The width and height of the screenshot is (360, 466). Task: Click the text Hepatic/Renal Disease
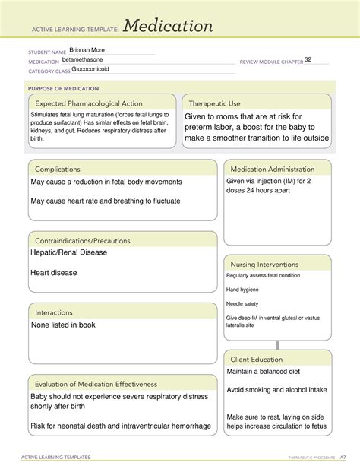coord(68,253)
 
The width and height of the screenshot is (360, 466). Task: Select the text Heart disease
coord(55,273)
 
